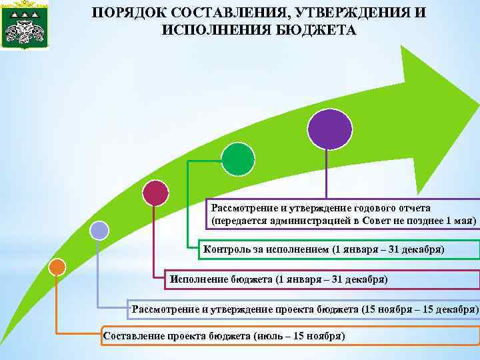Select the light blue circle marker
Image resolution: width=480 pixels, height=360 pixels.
(x=99, y=231)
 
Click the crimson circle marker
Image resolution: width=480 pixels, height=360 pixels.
(x=156, y=193)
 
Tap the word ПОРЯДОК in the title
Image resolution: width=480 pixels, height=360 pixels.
(x=126, y=13)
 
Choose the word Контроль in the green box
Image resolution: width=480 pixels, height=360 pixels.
(x=226, y=249)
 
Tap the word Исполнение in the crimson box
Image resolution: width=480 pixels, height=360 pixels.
(x=199, y=278)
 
